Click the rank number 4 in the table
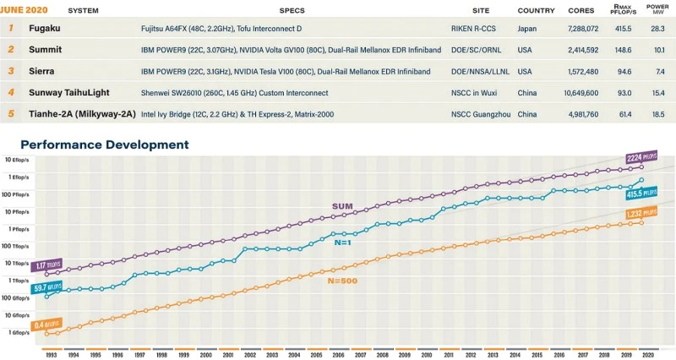pyautogui.click(x=11, y=92)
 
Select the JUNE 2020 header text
pyautogui.click(x=25, y=10)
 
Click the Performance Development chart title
pyautogui.click(x=105, y=145)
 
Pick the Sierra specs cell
pyautogui.click(x=286, y=71)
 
